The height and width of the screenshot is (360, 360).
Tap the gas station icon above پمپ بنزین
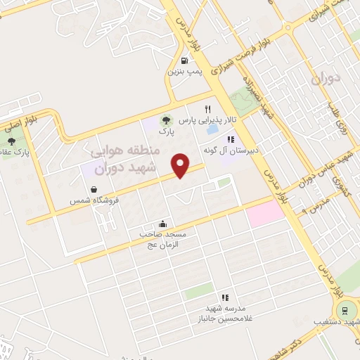pos(185,60)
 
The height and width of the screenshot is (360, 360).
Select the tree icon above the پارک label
pos(165,120)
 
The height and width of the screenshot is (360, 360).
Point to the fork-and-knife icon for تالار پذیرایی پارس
pos(207,109)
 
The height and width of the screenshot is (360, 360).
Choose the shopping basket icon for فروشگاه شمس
pos(94,189)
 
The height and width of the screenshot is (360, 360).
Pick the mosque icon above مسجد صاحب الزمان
pos(163,224)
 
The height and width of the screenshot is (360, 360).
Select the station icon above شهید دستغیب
pos(345,309)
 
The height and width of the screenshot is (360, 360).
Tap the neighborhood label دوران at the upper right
pos(326,77)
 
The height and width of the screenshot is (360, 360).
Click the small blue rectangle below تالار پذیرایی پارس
pos(211,131)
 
